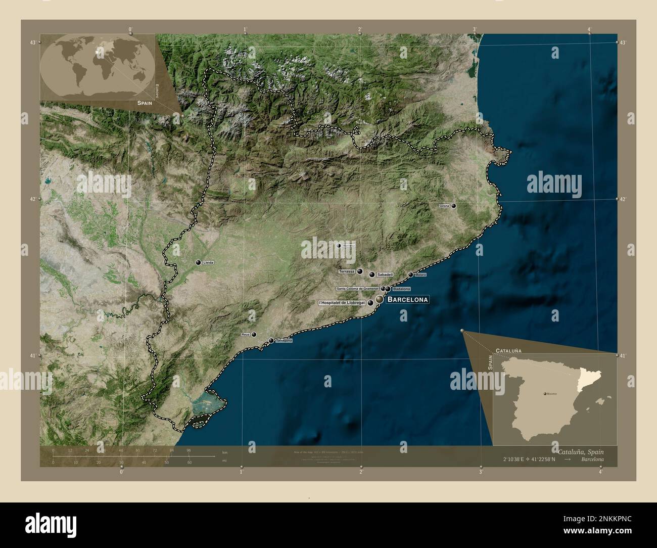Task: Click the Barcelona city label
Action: click(x=408, y=300)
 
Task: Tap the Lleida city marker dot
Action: click(x=199, y=262)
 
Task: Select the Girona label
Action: click(x=444, y=206)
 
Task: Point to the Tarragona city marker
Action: click(x=271, y=340)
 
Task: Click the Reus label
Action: click(x=246, y=335)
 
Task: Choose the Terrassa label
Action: click(x=348, y=271)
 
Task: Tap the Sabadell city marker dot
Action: click(x=372, y=275)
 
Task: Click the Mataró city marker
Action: click(x=410, y=275)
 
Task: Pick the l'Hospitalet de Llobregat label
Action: click(x=342, y=303)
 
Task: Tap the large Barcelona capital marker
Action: click(x=379, y=300)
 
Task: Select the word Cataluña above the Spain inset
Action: click(x=509, y=350)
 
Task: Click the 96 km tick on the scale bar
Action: click(x=189, y=450)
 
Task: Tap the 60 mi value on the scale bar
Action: click(x=190, y=462)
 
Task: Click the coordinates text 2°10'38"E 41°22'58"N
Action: click(x=529, y=460)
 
